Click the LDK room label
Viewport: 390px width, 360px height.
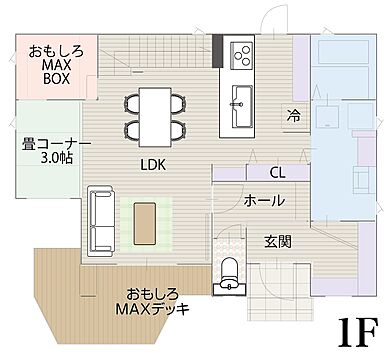pos(153,163)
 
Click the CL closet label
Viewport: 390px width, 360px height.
pos(277,173)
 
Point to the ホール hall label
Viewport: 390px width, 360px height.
pos(264,200)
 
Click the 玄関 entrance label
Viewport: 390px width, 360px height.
pos(278,240)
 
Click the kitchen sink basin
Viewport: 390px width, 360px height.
pos(241,99)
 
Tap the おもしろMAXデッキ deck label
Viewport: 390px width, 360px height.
pos(152,301)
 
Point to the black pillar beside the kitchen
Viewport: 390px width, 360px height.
pos(217,47)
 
